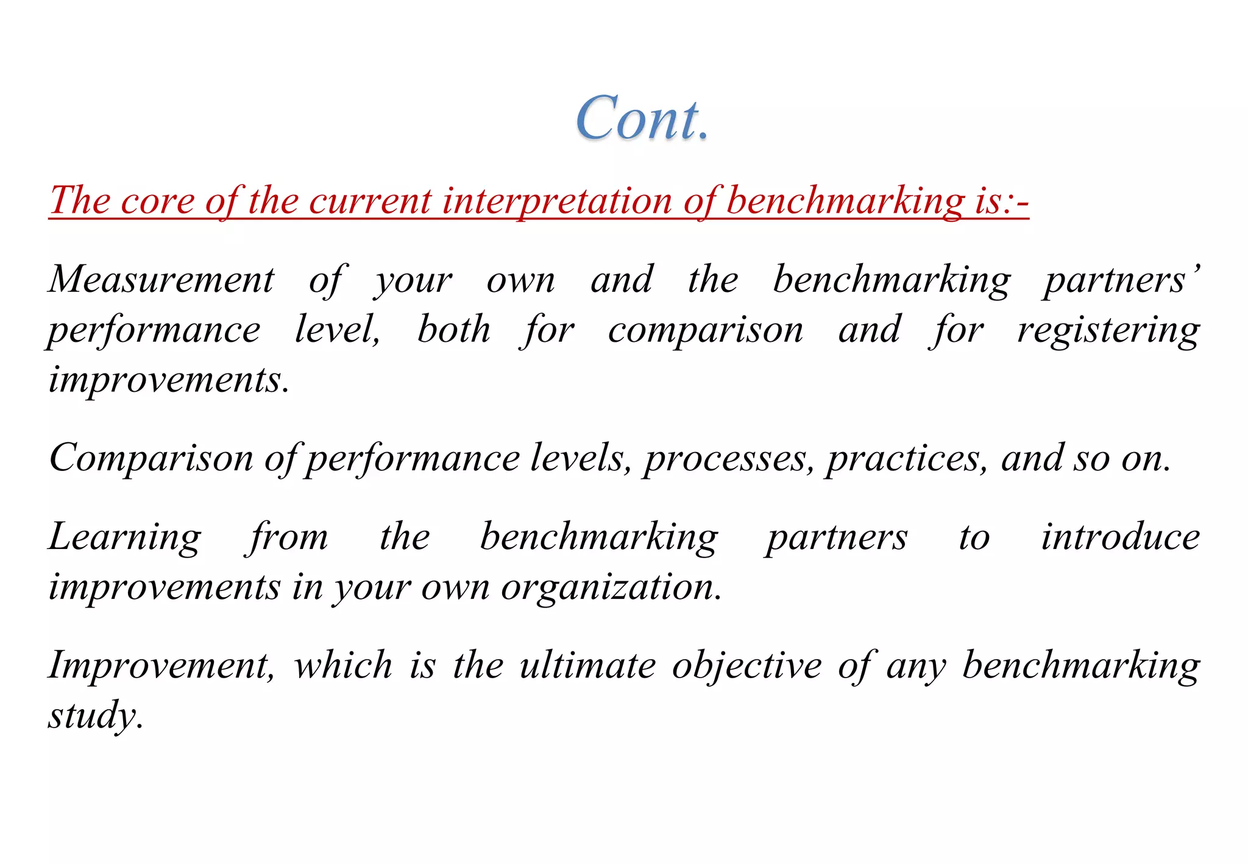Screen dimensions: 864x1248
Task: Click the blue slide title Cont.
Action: [642, 118]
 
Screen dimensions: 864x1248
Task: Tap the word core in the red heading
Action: [157, 200]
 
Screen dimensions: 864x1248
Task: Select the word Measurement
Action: [161, 280]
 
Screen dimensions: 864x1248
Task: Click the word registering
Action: [1108, 331]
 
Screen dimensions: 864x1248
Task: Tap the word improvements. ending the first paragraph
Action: [169, 380]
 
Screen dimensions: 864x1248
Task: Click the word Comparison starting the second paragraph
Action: [151, 458]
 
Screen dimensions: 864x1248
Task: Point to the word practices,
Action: [906, 458]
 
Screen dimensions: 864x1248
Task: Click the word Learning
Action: [125, 537]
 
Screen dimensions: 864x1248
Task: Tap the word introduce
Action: [1120, 537]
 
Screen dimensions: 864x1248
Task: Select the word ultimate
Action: [587, 665]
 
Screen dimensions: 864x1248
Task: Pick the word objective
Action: [747, 665]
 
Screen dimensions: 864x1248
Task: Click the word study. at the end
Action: [96, 716]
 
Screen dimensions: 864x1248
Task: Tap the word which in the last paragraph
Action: [343, 665]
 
